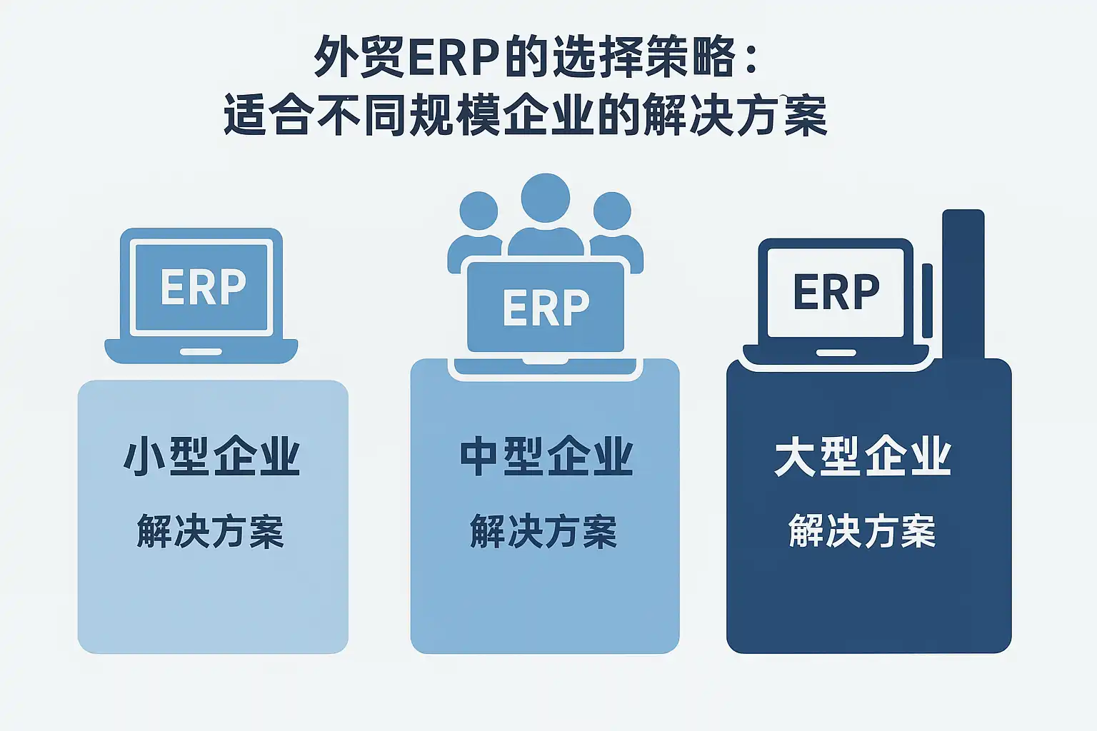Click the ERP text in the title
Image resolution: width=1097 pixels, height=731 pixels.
454,58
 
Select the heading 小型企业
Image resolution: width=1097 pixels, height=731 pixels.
212,457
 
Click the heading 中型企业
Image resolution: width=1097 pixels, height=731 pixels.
546,457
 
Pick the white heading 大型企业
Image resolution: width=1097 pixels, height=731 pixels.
863,457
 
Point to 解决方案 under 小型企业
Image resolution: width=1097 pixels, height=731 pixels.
211,531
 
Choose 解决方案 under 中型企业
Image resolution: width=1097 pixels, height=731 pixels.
544,531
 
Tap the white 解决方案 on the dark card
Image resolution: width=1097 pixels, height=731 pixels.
862,531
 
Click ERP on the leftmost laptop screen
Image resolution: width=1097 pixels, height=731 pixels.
203,287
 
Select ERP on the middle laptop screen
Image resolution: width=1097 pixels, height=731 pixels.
546,308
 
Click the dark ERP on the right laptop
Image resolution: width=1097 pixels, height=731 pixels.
836,292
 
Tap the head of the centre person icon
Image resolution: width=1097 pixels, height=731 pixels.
546,198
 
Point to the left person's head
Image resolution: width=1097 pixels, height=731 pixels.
479,211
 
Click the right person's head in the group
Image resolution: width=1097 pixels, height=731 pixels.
612,211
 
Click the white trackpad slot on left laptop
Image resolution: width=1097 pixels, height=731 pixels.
201,352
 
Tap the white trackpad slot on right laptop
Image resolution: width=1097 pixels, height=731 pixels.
836,353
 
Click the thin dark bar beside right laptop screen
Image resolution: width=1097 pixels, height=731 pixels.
927,300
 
